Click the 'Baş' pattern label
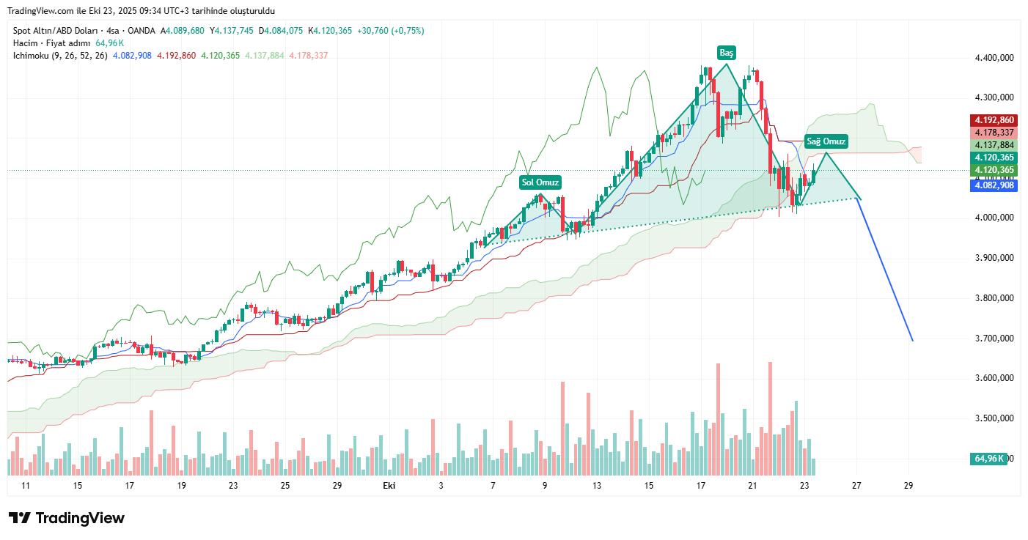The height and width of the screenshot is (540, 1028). point(726,52)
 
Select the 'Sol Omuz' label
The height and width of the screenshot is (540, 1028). point(540,182)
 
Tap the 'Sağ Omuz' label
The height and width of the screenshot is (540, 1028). point(826,141)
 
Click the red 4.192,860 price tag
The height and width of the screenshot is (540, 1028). point(993,120)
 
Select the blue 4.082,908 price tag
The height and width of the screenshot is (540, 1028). point(993,185)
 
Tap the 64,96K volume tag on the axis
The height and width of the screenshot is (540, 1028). point(989,459)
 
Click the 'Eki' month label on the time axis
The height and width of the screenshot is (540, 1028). point(389,486)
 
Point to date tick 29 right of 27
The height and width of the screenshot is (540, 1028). point(908,486)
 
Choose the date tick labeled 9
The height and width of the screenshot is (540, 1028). point(545,486)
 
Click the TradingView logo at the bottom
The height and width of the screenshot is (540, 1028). point(67,518)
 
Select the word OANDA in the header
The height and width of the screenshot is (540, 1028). point(142,31)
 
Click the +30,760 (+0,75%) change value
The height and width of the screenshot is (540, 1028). point(390,31)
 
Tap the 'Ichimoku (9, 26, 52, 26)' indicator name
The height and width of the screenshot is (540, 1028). point(60,56)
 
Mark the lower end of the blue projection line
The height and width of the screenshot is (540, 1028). point(912,341)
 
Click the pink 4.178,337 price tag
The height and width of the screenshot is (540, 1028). point(993,133)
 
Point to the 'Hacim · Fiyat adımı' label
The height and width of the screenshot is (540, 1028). point(51,43)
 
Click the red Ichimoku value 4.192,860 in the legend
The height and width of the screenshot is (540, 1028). point(177,56)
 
